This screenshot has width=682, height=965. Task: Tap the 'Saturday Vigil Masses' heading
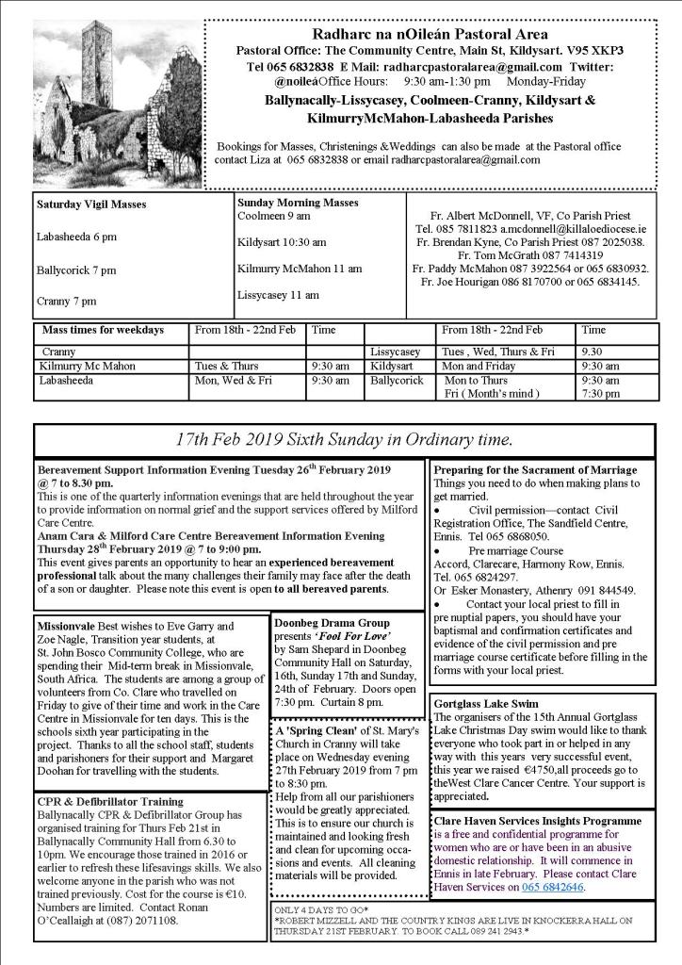pos(91,204)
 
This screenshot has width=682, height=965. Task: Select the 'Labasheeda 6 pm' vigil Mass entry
pos(76,237)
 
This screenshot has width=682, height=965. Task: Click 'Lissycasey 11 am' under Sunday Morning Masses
pos(278,295)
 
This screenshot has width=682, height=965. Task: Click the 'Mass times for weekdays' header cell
pos(103,331)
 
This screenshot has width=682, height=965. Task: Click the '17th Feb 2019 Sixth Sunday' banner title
pos(344,439)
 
